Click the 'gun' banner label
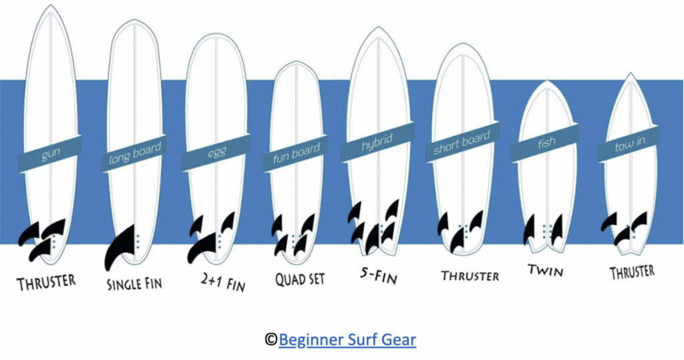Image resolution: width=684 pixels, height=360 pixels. click(x=50, y=155)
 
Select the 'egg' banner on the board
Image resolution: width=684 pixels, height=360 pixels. click(x=217, y=152)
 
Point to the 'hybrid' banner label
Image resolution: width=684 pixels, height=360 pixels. click(x=377, y=143)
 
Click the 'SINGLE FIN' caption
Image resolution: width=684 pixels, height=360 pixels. click(x=134, y=283)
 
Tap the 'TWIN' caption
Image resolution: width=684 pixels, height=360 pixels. click(x=545, y=271)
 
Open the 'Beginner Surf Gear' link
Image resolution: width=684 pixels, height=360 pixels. click(x=347, y=340)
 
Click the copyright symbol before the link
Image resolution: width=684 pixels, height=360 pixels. click(x=271, y=340)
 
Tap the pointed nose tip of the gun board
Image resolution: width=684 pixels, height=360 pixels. click(x=50, y=7)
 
